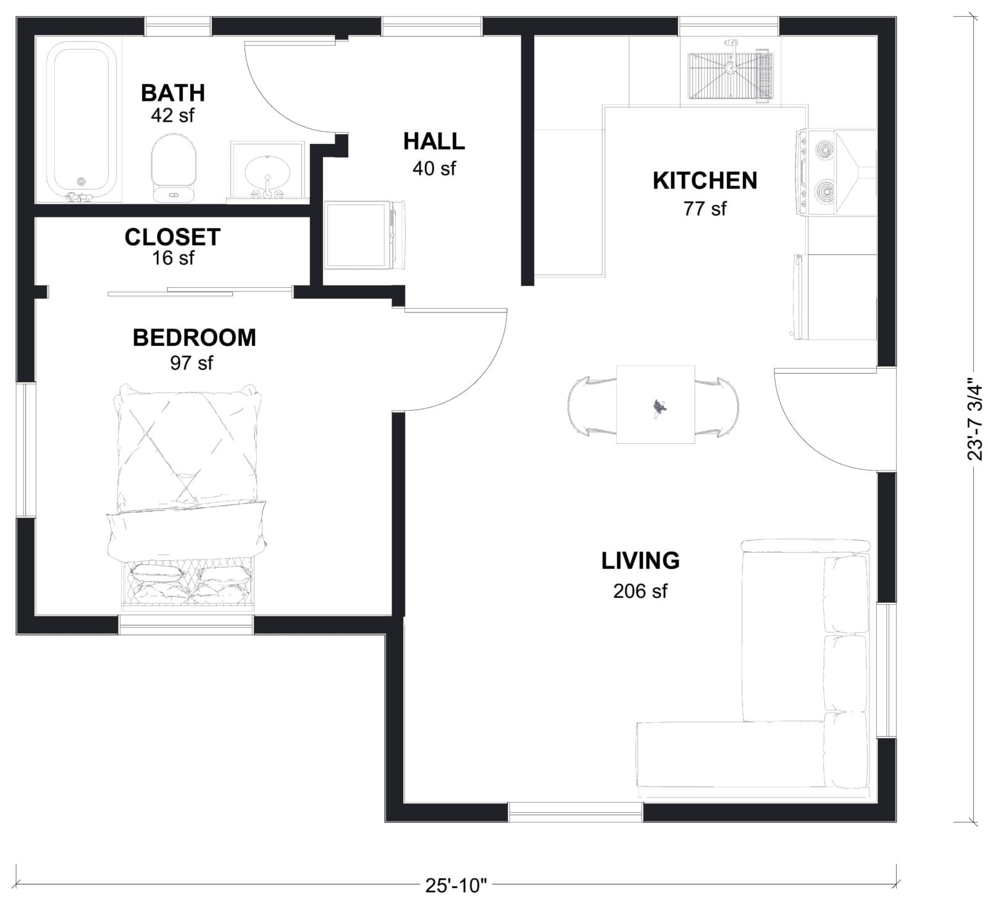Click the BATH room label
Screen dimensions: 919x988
[172, 93]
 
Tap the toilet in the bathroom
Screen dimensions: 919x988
[174, 167]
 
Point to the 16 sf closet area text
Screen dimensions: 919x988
[172, 258]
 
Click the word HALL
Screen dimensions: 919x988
[433, 141]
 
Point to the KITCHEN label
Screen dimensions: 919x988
[705, 181]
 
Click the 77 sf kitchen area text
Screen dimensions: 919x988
[705, 209]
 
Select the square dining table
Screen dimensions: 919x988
[655, 405]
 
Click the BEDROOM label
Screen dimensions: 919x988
[194, 338]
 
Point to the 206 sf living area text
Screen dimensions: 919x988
[640, 591]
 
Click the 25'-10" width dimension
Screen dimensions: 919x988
[456, 886]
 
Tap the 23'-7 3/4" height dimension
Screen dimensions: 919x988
[974, 420]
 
